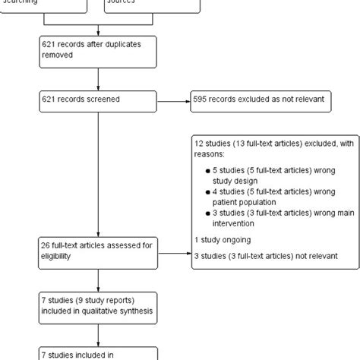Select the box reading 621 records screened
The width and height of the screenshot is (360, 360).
[x=99, y=99]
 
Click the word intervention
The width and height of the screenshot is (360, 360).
[x=242, y=224]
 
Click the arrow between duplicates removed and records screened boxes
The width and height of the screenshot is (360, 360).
[x=99, y=79]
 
